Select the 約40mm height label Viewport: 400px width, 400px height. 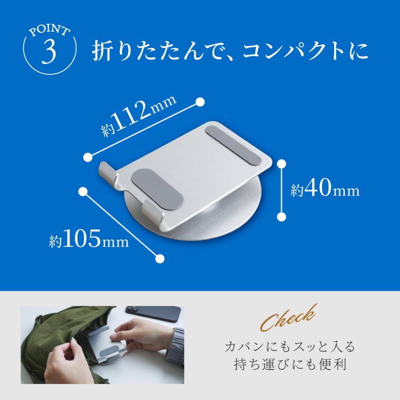(x=325, y=190)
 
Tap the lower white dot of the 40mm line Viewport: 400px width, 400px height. (x=281, y=216)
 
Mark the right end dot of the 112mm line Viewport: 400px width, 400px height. (x=200, y=102)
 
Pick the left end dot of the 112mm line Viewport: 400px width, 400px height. (x=88, y=156)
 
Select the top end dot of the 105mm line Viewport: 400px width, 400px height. (x=82, y=191)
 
